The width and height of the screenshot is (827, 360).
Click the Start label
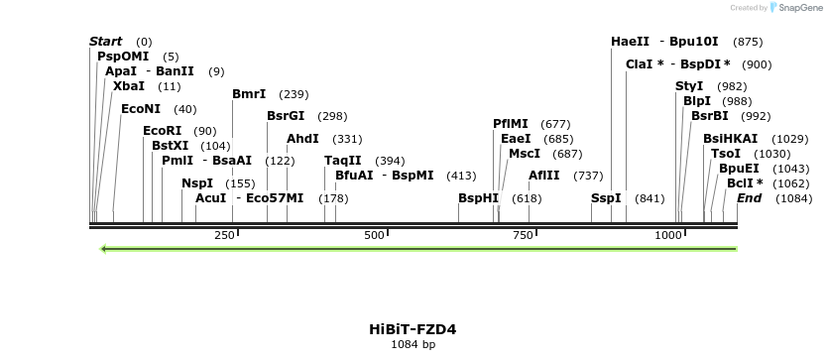coord(106,42)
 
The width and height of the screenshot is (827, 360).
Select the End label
coord(749,198)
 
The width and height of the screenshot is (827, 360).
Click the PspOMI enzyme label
coord(123,57)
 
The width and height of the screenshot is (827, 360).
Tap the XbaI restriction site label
coord(129,86)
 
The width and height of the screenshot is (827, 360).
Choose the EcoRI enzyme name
coord(163,131)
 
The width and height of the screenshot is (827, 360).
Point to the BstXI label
coord(170,146)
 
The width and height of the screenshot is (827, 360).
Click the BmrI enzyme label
coord(249,94)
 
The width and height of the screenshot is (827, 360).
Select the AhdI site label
coord(302,139)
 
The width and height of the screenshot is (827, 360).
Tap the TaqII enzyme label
coord(343,161)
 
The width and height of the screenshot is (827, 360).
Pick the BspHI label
coord(478,198)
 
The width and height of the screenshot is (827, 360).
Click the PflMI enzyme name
coord(511,124)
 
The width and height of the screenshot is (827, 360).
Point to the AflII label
coord(544,176)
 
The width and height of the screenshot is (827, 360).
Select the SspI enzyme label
coord(606,198)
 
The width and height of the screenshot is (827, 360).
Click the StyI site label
coord(689,86)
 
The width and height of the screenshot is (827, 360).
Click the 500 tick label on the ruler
coord(375,235)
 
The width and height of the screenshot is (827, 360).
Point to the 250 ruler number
coord(225,235)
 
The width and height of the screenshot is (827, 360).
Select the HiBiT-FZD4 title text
coord(413,329)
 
